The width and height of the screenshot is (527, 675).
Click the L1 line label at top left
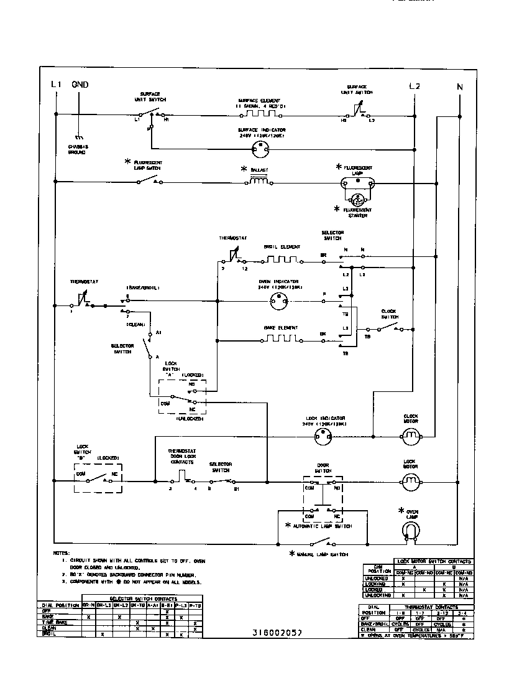pyautogui.click(x=56, y=86)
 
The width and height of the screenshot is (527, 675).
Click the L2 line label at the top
pyautogui.click(x=415, y=86)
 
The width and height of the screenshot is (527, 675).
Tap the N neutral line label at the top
pyautogui.click(x=460, y=87)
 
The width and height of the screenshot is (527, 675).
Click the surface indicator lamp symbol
pyautogui.click(x=260, y=149)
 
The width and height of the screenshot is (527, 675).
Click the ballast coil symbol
pyautogui.click(x=259, y=181)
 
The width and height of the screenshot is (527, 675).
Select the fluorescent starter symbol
pyautogui.click(x=358, y=200)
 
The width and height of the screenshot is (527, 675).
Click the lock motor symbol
pyautogui.click(x=410, y=481)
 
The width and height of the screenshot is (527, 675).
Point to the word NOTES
pyautogui.click(x=61, y=552)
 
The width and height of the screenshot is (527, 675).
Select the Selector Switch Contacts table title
pyautogui.click(x=139, y=598)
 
